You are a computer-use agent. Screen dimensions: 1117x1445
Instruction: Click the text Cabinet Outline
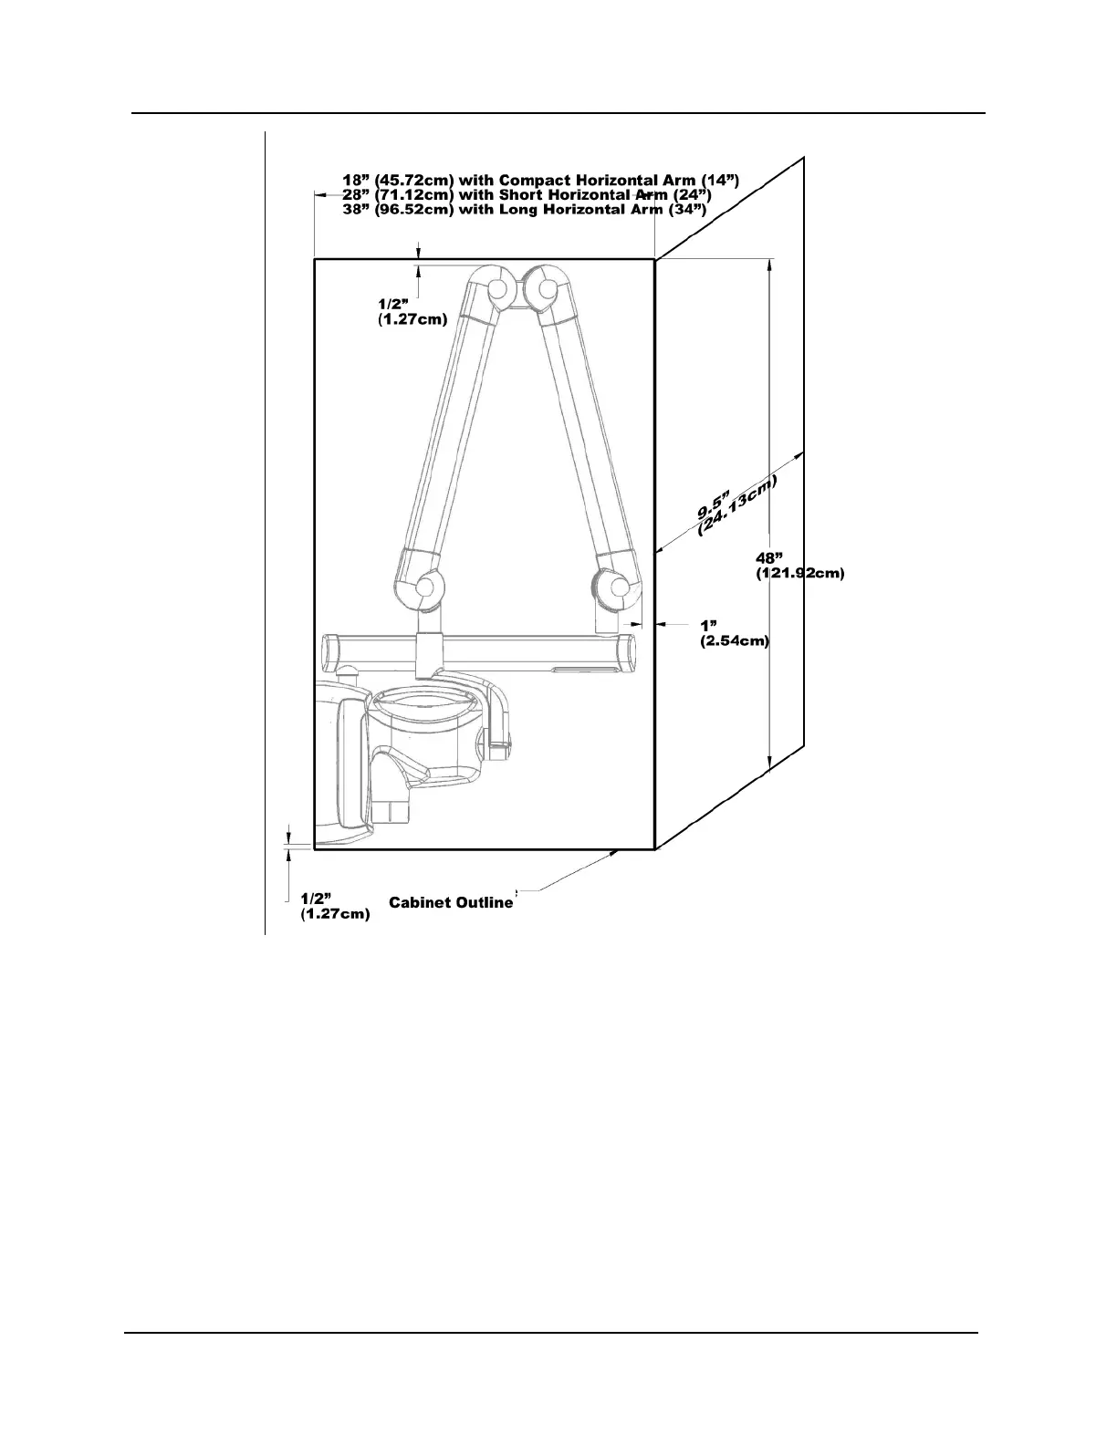(x=451, y=902)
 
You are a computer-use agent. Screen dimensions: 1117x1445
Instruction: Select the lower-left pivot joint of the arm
(x=424, y=591)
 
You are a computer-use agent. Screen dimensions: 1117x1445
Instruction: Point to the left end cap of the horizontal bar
(x=330, y=652)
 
